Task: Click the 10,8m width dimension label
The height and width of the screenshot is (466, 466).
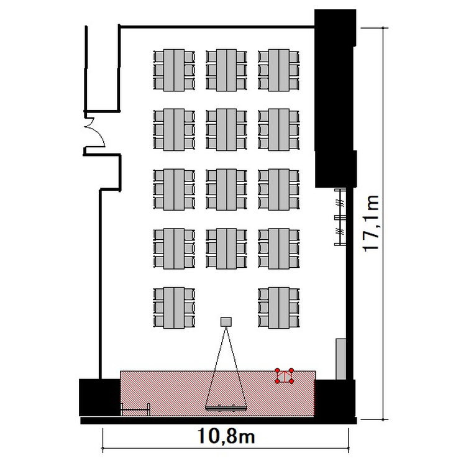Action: point(226,436)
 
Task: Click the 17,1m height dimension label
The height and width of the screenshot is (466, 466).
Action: point(371,223)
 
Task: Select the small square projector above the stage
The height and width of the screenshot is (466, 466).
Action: point(226,322)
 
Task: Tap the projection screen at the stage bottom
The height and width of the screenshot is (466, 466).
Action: point(226,408)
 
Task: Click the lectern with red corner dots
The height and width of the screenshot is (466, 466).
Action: point(285,377)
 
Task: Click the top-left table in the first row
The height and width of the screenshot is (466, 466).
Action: point(174,70)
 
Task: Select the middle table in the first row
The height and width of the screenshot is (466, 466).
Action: point(226,70)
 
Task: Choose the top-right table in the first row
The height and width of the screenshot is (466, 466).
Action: point(279,70)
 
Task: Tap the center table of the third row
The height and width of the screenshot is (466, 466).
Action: point(226,190)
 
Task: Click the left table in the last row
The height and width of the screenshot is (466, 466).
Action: point(174,308)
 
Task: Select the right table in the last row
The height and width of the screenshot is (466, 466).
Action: point(279,308)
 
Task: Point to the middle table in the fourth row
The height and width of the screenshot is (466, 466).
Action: point(226,249)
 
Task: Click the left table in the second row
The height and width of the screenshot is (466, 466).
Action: point(174,130)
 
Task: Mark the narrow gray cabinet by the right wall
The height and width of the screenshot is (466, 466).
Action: point(341,359)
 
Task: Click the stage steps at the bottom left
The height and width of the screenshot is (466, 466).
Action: point(135,409)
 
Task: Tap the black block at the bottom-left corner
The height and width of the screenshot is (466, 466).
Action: point(99,398)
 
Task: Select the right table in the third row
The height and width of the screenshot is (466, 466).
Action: point(279,190)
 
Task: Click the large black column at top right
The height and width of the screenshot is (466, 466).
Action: point(336,98)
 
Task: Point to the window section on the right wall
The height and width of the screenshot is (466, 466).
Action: point(340,217)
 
